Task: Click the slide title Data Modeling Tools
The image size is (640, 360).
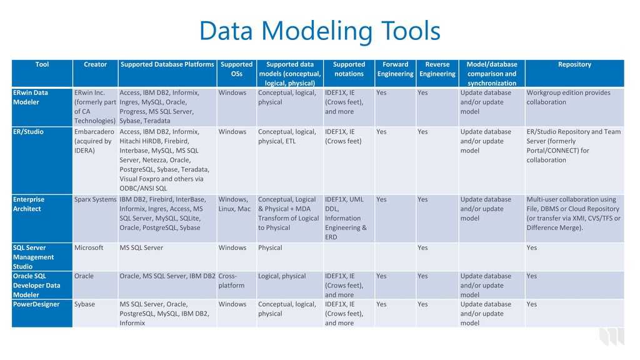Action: pyautogui.click(x=319, y=31)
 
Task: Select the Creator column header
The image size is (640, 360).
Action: pyautogui.click(x=95, y=64)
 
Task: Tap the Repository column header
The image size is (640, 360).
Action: pyautogui.click(x=574, y=64)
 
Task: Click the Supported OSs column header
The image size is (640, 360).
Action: pyautogui.click(x=236, y=69)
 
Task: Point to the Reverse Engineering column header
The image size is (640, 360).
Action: pyautogui.click(x=437, y=69)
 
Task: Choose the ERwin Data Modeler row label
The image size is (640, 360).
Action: pyautogui.click(x=30, y=97)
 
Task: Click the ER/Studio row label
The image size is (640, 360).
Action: pyautogui.click(x=28, y=132)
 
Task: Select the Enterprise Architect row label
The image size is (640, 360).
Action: pyautogui.click(x=29, y=204)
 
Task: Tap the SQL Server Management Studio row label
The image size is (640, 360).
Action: pyautogui.click(x=33, y=257)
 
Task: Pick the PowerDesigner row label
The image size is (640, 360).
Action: pyautogui.click(x=36, y=304)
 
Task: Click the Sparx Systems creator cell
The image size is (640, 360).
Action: pyautogui.click(x=95, y=199)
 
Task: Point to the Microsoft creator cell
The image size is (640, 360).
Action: pyautogui.click(x=89, y=247)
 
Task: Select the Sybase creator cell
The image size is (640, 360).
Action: pyautogui.click(x=84, y=304)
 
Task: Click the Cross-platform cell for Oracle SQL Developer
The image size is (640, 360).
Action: pyautogui.click(x=231, y=281)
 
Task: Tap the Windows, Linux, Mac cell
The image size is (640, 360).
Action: pyautogui.click(x=234, y=204)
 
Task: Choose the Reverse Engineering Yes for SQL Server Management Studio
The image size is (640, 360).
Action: pyautogui.click(x=422, y=247)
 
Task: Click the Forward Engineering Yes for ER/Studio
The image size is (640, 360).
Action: pyautogui.click(x=381, y=132)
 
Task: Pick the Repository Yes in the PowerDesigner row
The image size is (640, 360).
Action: pyautogui.click(x=531, y=304)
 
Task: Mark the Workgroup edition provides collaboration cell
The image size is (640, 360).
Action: pyautogui.click(x=568, y=97)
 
